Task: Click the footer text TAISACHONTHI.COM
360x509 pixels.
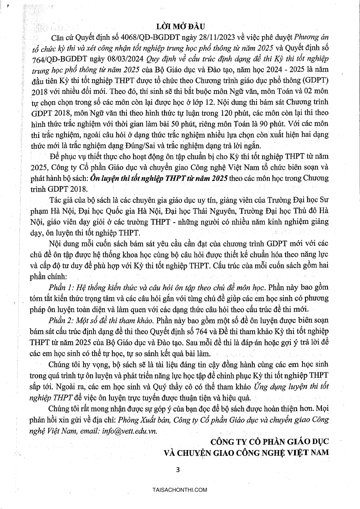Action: pos(180,490)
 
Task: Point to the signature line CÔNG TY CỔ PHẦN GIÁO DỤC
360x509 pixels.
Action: pos(269,442)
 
